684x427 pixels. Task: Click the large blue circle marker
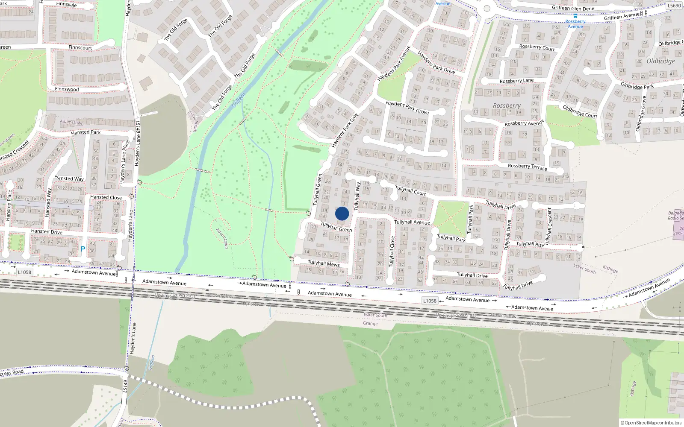(x=342, y=213)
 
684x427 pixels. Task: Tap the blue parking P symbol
(x=83, y=249)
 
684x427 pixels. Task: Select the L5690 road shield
(x=674, y=6)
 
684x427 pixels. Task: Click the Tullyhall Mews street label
(x=324, y=263)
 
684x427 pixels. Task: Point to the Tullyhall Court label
(x=410, y=190)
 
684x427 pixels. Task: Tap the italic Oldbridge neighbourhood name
(x=660, y=61)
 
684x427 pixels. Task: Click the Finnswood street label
(x=67, y=89)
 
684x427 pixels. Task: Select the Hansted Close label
(x=106, y=197)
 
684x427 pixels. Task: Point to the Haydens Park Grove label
(x=407, y=108)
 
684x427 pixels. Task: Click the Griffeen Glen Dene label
(x=573, y=8)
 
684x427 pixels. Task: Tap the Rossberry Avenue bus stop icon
(x=575, y=16)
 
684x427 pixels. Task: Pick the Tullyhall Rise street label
(x=530, y=244)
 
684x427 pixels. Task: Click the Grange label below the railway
(x=370, y=324)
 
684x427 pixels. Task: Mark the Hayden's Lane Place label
(x=124, y=162)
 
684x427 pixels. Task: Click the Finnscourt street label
(x=80, y=47)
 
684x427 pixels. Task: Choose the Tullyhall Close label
(x=392, y=252)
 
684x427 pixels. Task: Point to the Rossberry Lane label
(x=516, y=81)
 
